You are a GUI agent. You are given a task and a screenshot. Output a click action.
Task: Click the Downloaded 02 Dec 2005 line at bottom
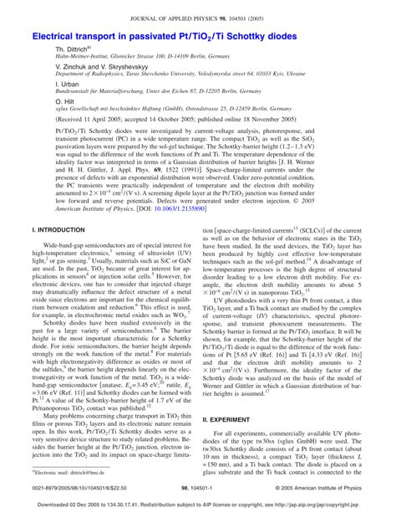[x=197, y=505]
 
